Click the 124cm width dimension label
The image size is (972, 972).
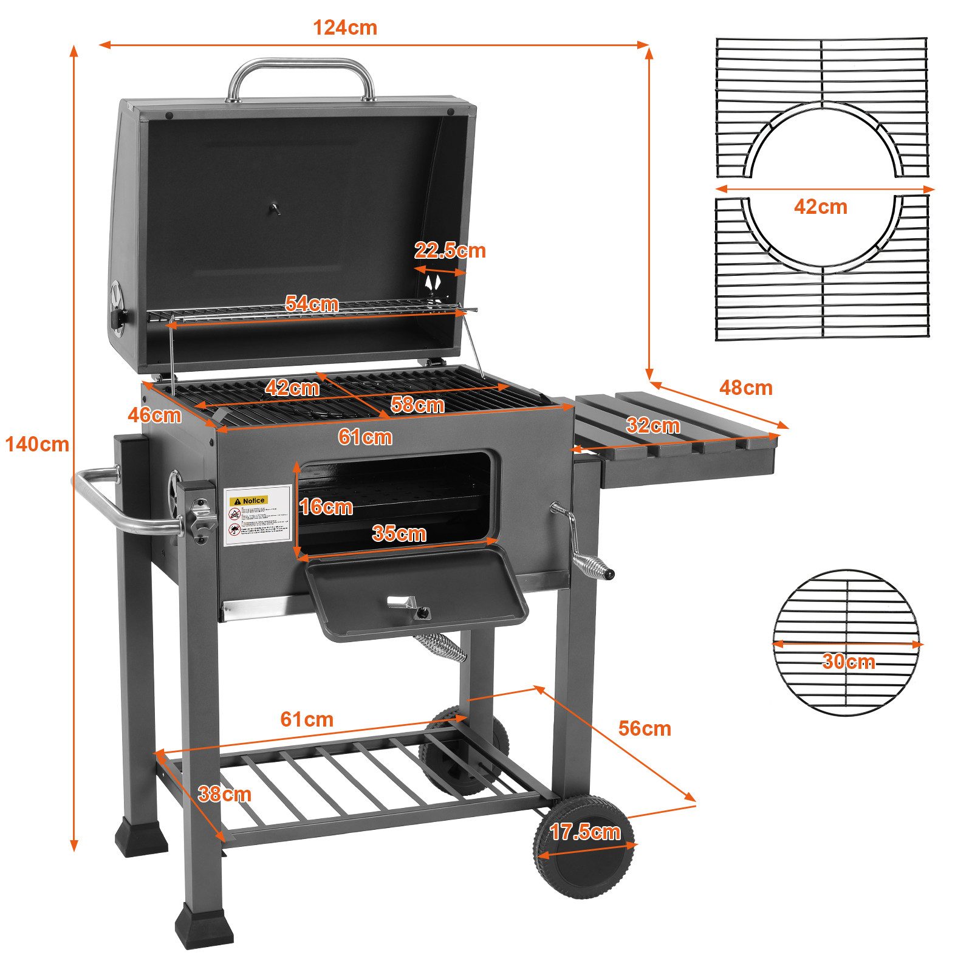coord(344,28)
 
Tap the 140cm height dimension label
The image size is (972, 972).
coord(37,445)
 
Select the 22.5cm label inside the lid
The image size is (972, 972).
coord(450,250)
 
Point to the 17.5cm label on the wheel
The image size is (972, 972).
coord(584,832)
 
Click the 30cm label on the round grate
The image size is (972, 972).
coord(848,661)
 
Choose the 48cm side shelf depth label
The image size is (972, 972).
coord(745,388)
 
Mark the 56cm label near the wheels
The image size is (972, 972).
coord(645,728)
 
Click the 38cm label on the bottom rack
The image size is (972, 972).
coord(224,793)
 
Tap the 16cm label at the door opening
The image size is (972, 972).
coord(326,507)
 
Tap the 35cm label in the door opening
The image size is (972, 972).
coord(399,533)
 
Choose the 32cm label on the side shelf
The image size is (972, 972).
coord(652,425)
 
